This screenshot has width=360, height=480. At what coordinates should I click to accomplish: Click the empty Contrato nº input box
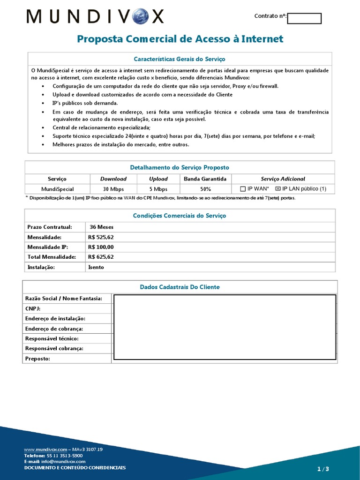[304, 18]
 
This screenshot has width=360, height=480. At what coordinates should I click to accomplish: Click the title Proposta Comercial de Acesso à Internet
[180, 39]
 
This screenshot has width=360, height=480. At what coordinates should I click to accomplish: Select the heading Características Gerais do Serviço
[180, 59]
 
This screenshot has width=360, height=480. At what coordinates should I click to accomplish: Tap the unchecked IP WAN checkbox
[243, 189]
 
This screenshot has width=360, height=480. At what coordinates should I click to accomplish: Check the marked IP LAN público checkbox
[277, 189]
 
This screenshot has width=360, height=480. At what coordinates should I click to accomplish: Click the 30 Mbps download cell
[113, 189]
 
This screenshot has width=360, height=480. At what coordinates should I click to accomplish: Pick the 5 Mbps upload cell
[158, 189]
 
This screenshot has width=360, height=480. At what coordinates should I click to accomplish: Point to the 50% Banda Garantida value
[205, 189]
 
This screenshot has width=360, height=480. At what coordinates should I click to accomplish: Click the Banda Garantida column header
[205, 179]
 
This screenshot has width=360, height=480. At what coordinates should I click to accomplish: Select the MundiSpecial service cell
[57, 189]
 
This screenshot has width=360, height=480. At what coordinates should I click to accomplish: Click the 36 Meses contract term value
[101, 227]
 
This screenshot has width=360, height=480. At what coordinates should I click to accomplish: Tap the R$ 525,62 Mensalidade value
[101, 237]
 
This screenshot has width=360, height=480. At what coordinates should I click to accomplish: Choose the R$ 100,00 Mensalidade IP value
[101, 247]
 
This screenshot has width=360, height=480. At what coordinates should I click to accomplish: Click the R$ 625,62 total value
[101, 257]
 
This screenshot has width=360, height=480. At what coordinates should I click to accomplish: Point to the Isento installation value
[96, 267]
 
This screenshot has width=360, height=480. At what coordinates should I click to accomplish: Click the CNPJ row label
[33, 308]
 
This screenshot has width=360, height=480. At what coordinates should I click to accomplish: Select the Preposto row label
[37, 359]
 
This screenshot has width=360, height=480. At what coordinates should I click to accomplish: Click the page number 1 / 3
[323, 469]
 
